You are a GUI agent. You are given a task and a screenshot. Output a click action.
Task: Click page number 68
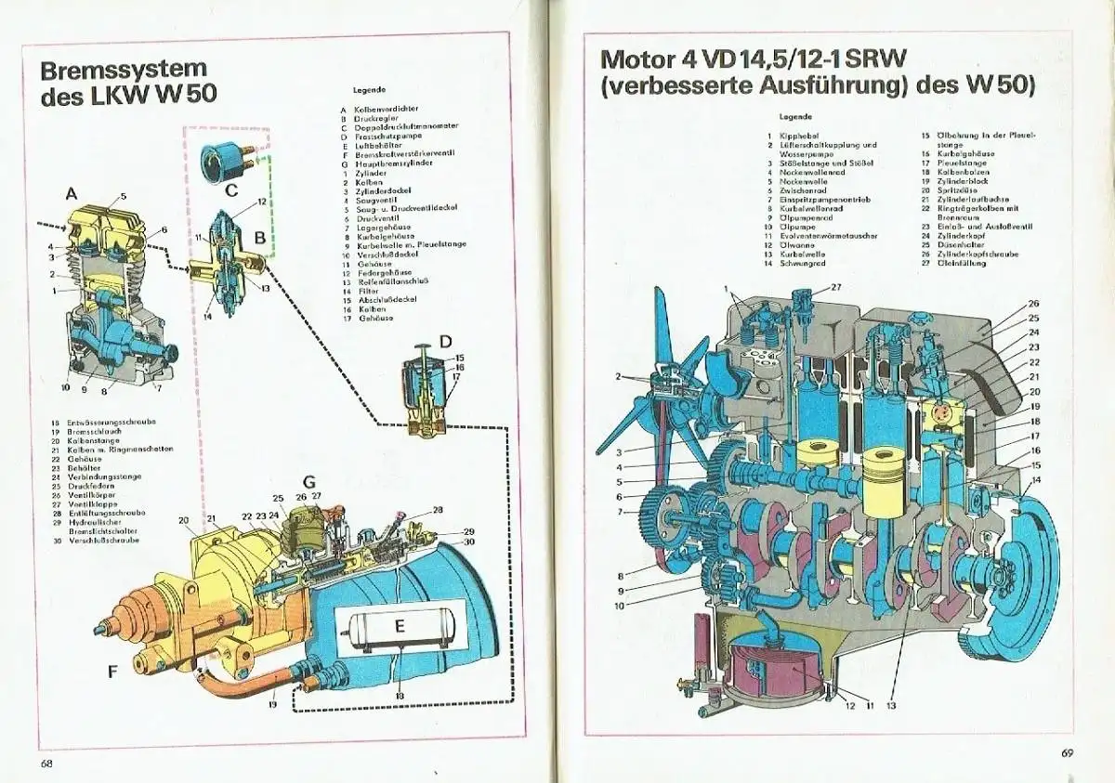[x=46, y=763]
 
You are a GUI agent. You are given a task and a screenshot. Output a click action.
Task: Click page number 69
[x=1067, y=752]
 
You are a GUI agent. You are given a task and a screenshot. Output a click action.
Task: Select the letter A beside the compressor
[x=71, y=195]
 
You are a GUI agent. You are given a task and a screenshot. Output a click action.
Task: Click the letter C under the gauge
[x=232, y=190]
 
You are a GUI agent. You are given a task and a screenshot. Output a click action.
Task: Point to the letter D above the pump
[x=445, y=342]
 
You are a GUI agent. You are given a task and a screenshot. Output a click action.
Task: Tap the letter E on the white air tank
[x=400, y=626]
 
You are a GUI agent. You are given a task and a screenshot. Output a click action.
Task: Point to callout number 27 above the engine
[x=836, y=287]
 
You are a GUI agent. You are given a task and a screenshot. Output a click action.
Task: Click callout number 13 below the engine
[x=890, y=706]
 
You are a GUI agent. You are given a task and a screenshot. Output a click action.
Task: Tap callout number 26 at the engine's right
[x=1033, y=304]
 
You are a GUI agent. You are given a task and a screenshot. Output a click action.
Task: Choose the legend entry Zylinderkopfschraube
[x=977, y=254]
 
